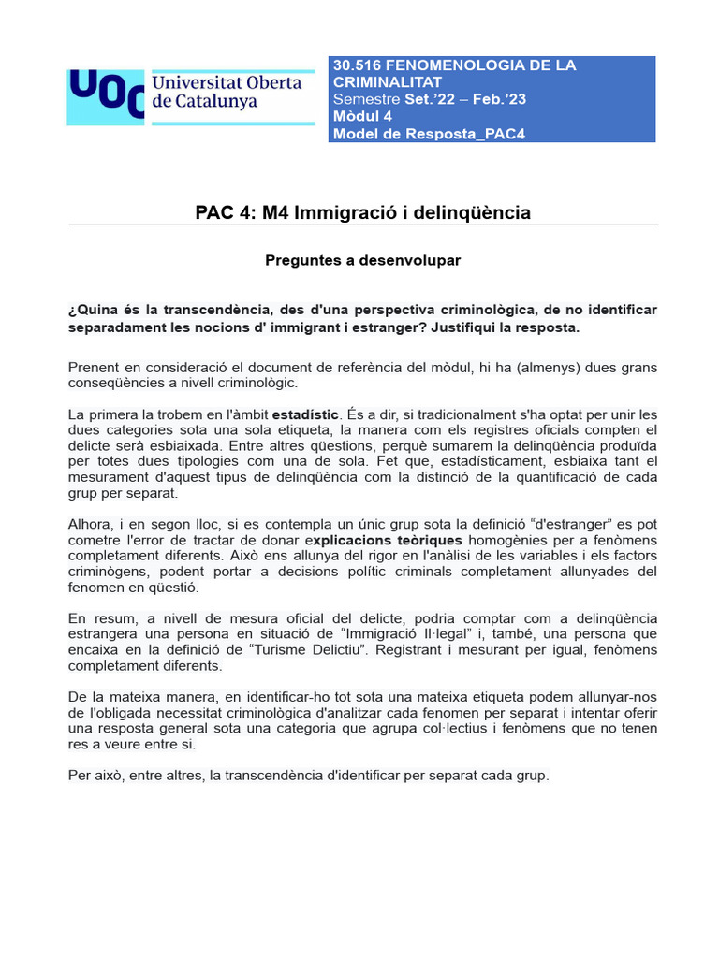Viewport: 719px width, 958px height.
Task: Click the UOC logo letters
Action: click(106, 95)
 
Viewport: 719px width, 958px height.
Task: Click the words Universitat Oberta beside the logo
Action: click(227, 83)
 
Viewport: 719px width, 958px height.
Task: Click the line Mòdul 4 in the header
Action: click(362, 116)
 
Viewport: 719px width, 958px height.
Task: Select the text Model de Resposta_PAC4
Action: click(429, 134)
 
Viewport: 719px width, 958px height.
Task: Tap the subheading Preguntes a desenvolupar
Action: click(363, 260)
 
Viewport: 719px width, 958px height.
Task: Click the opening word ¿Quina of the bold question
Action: click(91, 310)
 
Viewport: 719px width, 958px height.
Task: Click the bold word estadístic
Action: click(305, 414)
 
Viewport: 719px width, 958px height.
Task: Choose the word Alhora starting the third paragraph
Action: click(91, 525)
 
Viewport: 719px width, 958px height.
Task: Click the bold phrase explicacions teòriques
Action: click(387, 541)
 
